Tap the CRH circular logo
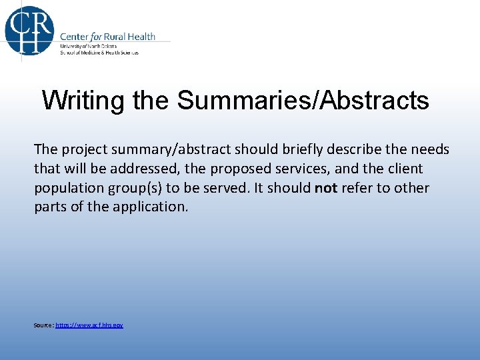pos(28,29)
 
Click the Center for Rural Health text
pos(107,36)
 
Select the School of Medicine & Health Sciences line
pos(99,52)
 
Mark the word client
pos(401,169)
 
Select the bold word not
pos(325,189)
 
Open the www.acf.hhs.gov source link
pos(89,325)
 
